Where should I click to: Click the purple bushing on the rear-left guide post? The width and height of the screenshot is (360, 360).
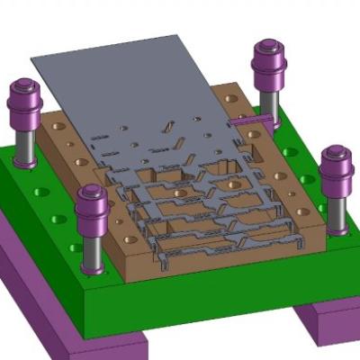coord(24,103)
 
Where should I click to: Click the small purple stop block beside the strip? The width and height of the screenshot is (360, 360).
coord(243,119)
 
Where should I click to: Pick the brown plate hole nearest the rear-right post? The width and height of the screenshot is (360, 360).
coord(231,97)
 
